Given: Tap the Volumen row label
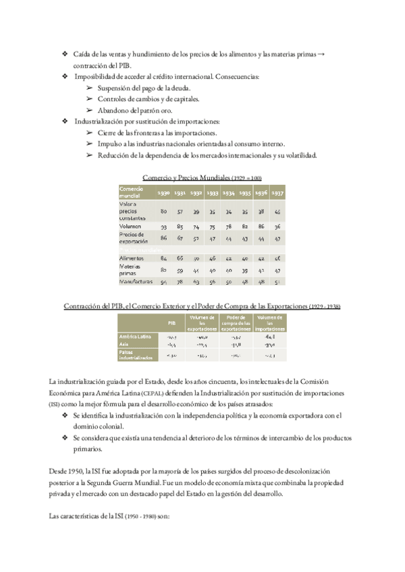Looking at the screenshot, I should [130, 227].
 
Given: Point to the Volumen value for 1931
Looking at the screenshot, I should [180, 227].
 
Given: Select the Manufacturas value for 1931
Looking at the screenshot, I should [180, 281].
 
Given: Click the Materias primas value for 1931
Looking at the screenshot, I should [180, 269].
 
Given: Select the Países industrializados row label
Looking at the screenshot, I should [136, 354].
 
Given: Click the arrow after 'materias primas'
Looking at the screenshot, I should [320, 53].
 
